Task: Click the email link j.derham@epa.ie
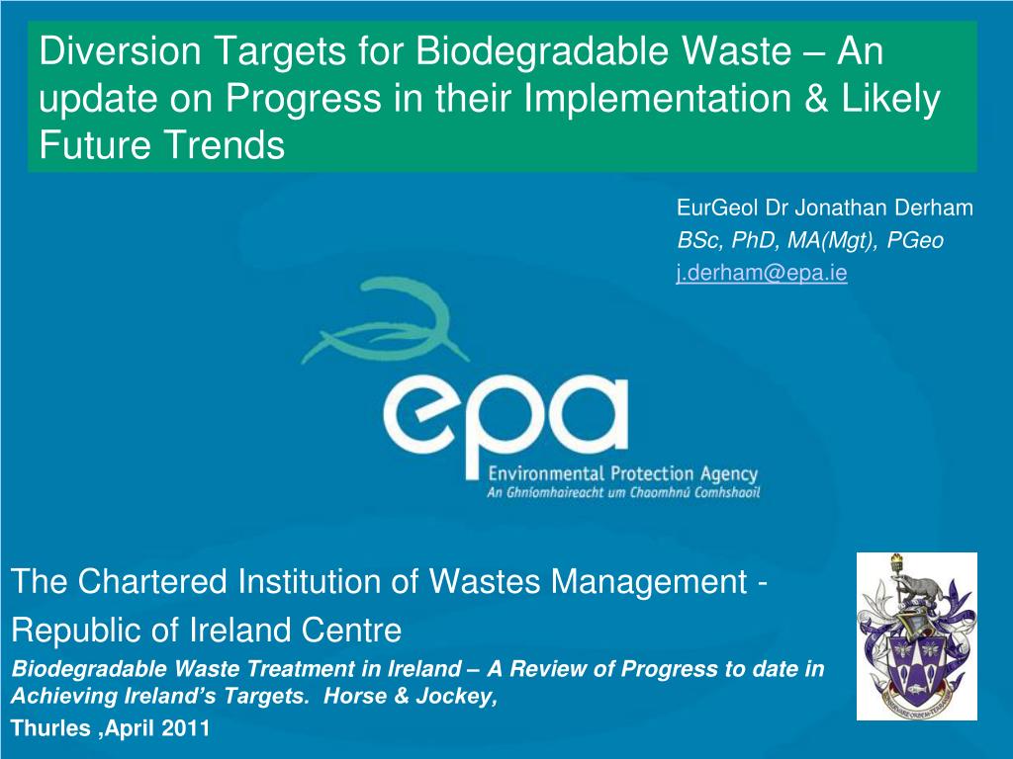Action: pos(761,275)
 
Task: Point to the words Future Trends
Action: pos(161,146)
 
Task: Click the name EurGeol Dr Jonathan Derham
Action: pos(825,209)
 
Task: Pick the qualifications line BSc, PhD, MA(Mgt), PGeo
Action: pos(810,241)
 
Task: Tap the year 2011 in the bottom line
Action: pos(186,731)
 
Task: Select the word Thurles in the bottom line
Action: pos(44,731)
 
